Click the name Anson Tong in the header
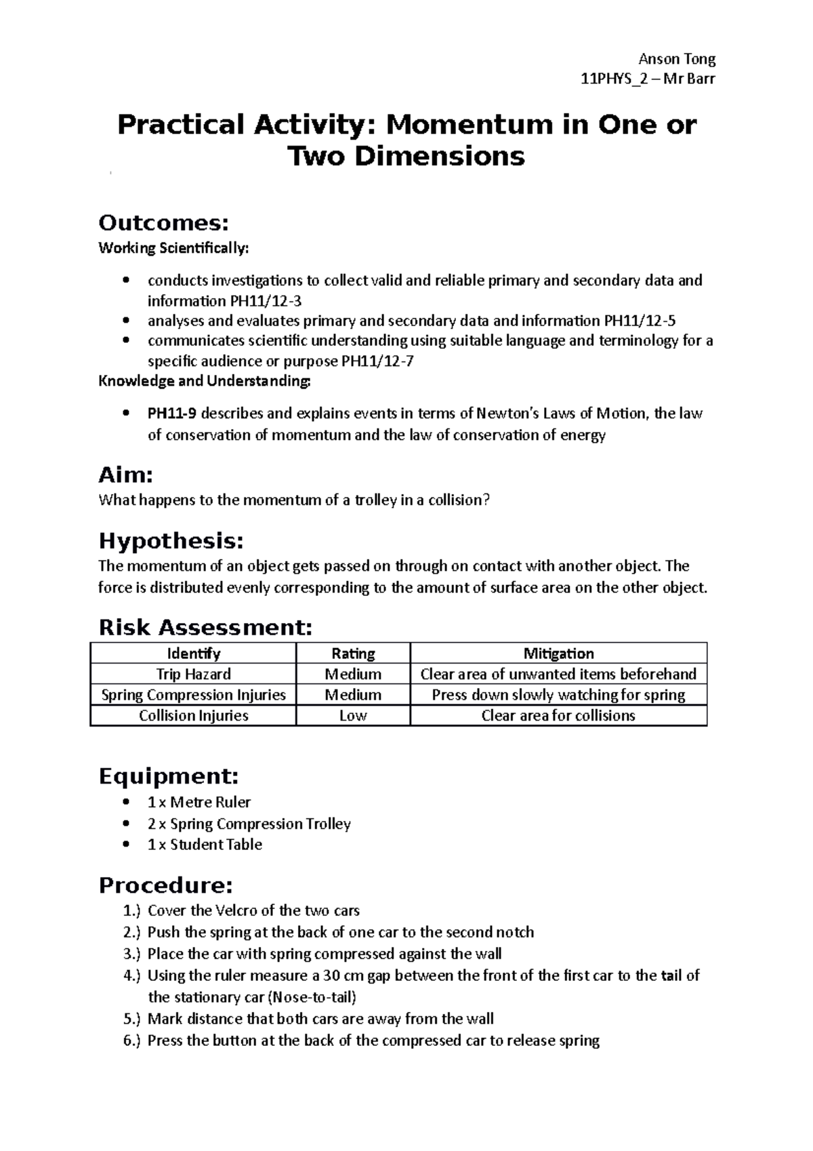pyautogui.click(x=677, y=59)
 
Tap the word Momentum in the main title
pyautogui.click(x=463, y=125)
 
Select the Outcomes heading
pyautogui.click(x=163, y=222)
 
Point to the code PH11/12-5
pyautogui.click(x=635, y=321)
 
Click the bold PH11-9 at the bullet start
pyautogui.click(x=172, y=413)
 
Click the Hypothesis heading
pyautogui.click(x=171, y=541)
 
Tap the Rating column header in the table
pyautogui.click(x=353, y=653)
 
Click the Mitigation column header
pyautogui.click(x=558, y=653)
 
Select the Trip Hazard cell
pyautogui.click(x=193, y=674)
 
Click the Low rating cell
pyautogui.click(x=353, y=716)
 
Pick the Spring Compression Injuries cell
pyautogui.click(x=193, y=695)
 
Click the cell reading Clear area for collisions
pyautogui.click(x=558, y=716)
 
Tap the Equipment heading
pyautogui.click(x=169, y=776)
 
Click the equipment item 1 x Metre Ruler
pyautogui.click(x=199, y=803)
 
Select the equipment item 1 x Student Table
pyautogui.click(x=205, y=845)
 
